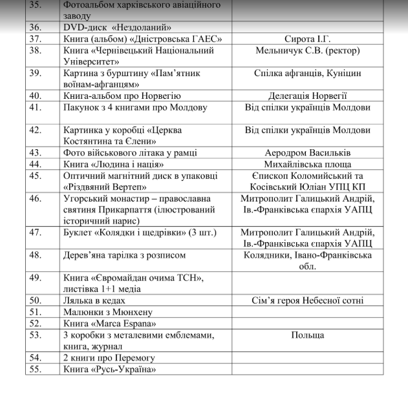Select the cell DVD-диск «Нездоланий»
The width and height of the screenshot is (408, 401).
tap(117, 28)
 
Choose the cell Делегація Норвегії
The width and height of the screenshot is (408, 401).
tap(307, 95)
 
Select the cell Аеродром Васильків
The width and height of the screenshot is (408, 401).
tap(307, 152)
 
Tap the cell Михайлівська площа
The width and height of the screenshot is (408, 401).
tap(307, 164)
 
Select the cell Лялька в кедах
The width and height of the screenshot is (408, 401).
tap(94, 300)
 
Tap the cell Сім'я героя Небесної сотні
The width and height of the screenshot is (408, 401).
tap(307, 300)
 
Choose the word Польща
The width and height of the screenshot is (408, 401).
tap(307, 334)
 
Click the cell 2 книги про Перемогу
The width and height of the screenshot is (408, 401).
tap(109, 357)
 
